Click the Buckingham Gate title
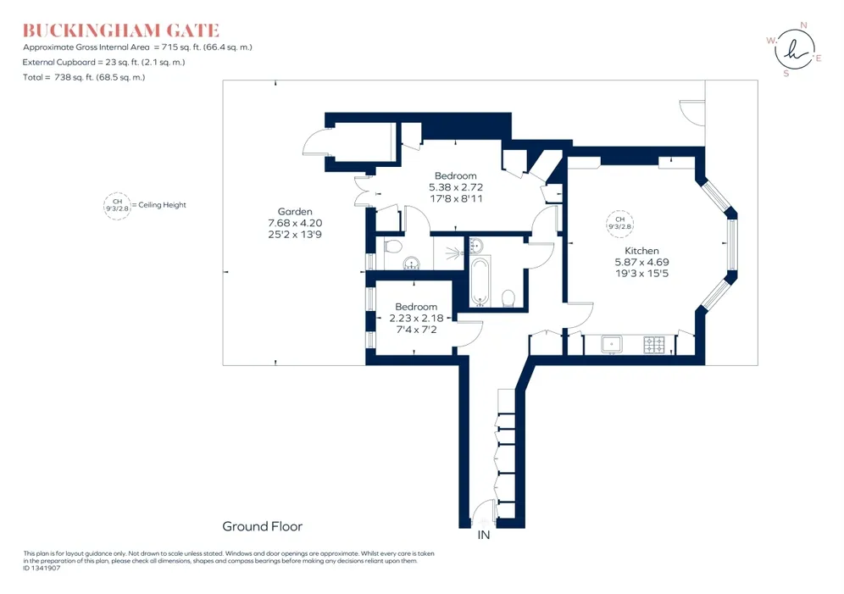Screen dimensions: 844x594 pyautogui.click(x=121, y=31)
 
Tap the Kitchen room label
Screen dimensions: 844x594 pyautogui.click(x=641, y=251)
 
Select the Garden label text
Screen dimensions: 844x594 pyautogui.click(x=295, y=212)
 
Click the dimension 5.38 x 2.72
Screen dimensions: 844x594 pyautogui.click(x=456, y=187)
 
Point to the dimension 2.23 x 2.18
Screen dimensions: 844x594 pyautogui.click(x=417, y=318)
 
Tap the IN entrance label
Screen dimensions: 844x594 pyautogui.click(x=484, y=535)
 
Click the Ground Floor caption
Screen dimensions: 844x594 pyautogui.click(x=263, y=526)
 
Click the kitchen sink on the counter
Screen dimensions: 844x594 pyautogui.click(x=612, y=344)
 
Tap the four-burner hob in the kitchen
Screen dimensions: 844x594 pyautogui.click(x=654, y=345)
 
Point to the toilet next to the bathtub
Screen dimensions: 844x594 pyautogui.click(x=508, y=297)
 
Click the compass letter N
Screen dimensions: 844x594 pyautogui.click(x=803, y=25)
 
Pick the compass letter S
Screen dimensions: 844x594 pyautogui.click(x=786, y=74)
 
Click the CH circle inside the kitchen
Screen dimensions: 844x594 pyautogui.click(x=620, y=224)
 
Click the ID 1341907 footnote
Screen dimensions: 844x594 pyautogui.click(x=42, y=569)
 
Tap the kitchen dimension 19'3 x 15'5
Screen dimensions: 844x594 pyautogui.click(x=642, y=274)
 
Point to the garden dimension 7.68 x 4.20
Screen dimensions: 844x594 pyautogui.click(x=295, y=223)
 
